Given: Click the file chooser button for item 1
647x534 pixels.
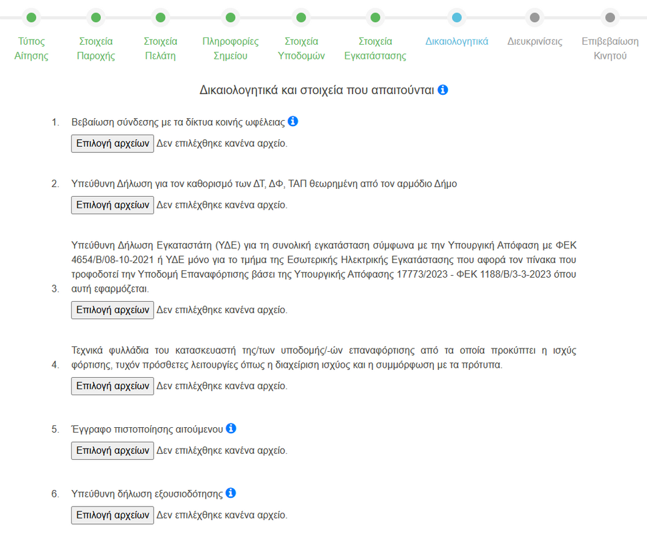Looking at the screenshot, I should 112,144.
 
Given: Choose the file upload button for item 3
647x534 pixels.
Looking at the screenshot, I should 112,310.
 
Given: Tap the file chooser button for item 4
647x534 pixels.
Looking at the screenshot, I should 112,386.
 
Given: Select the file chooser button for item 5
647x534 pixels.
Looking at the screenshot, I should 112,451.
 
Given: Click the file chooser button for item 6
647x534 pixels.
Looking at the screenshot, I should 112,515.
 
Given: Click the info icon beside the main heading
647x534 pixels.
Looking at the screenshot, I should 443,89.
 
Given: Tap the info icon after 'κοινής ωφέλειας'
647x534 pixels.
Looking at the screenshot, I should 292,121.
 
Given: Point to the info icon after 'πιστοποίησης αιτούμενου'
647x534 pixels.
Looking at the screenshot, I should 231,429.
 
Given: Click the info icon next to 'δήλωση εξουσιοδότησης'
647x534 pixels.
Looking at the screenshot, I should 230,493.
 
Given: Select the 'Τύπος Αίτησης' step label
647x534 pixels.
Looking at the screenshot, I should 31,49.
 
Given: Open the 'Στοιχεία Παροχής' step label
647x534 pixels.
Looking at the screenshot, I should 95,49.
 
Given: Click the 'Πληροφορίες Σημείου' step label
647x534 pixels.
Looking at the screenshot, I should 230,49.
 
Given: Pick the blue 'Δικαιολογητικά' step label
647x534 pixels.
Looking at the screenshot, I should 457,41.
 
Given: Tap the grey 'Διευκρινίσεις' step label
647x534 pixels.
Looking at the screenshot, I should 534,41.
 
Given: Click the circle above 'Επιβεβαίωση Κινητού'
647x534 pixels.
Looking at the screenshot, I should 610,17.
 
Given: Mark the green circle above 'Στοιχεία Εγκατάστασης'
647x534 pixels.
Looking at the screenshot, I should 375,17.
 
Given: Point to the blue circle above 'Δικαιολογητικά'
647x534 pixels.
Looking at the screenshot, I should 457,17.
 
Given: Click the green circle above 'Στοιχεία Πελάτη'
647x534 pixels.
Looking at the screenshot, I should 160,17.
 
